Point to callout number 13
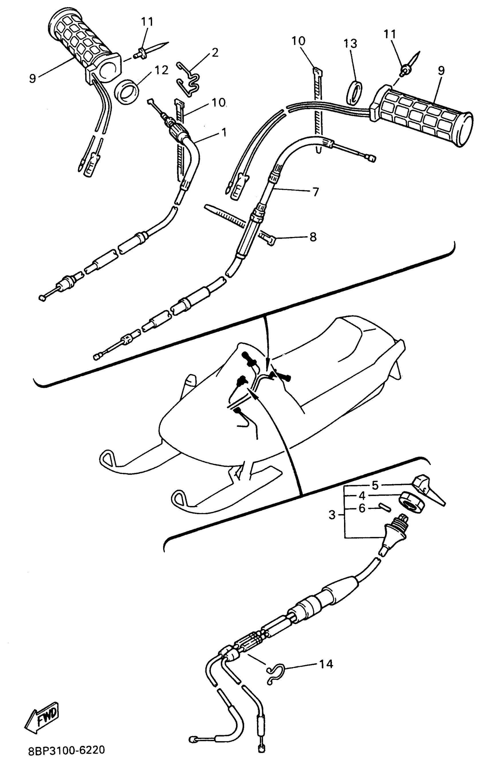click(350, 44)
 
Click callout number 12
click(161, 70)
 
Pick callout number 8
click(313, 237)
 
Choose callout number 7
click(315, 192)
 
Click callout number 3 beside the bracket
click(332, 515)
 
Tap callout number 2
click(215, 52)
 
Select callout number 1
click(223, 132)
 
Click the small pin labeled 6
click(384, 508)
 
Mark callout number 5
click(375, 485)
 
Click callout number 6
click(362, 508)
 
